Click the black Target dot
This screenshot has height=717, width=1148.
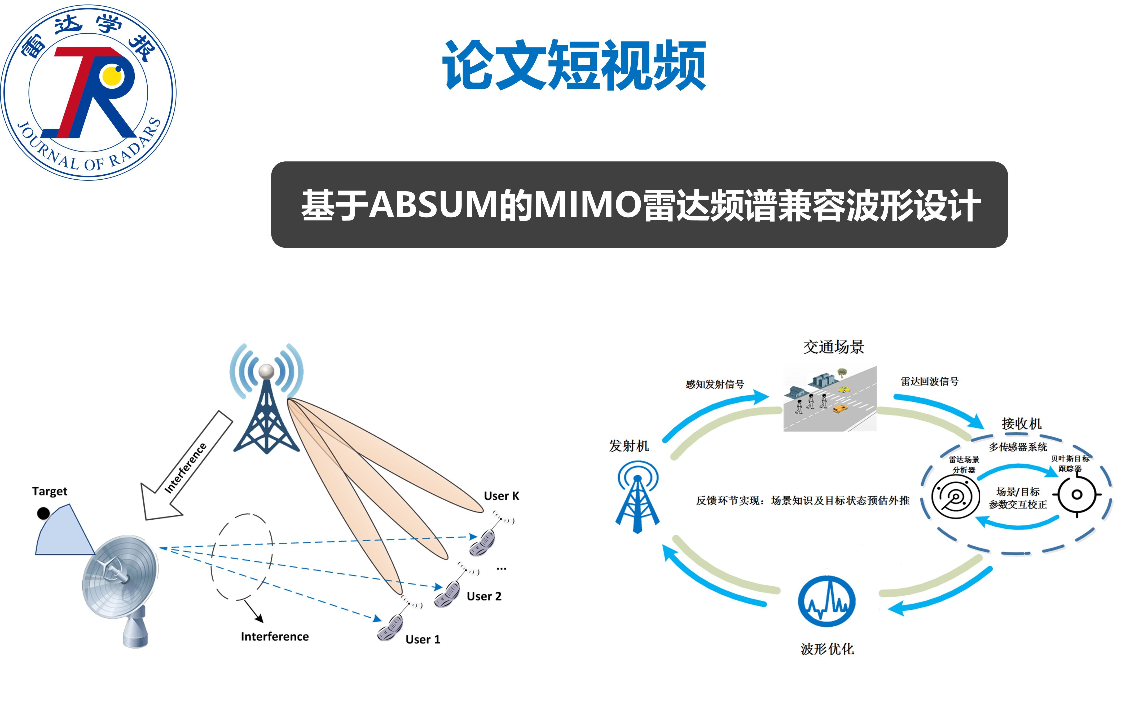(43, 513)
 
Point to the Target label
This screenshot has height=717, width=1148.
(50, 491)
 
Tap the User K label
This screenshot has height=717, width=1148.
(502, 496)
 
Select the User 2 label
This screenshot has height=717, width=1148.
(484, 596)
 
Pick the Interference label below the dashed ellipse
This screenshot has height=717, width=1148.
(275, 636)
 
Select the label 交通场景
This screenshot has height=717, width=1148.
(833, 347)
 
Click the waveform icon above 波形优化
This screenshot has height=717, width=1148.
(827, 601)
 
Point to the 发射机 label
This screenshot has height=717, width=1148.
(628, 446)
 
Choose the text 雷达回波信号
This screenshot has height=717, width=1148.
(929, 381)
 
